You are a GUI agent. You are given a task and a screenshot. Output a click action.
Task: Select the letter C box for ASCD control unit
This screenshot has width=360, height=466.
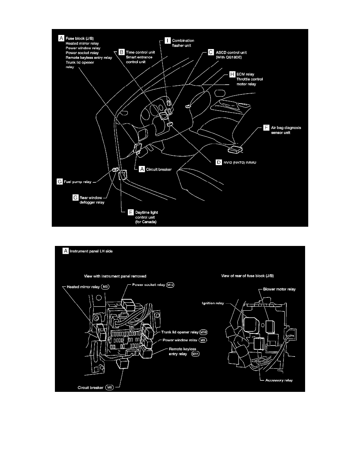point(211,52)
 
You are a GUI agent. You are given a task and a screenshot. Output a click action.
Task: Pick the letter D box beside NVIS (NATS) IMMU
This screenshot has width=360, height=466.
point(219,162)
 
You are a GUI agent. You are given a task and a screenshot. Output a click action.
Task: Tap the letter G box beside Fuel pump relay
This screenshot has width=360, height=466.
point(60,182)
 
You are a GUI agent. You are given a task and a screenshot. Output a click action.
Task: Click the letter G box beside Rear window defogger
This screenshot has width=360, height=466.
point(76,197)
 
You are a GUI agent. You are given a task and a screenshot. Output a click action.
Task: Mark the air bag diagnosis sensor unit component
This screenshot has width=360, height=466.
point(235,149)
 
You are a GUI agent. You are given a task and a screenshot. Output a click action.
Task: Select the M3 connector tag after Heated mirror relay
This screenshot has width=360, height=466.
point(105,286)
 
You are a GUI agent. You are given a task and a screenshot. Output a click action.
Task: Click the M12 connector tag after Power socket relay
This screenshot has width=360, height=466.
point(170,284)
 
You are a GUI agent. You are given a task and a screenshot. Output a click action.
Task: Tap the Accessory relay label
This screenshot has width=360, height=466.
point(279,380)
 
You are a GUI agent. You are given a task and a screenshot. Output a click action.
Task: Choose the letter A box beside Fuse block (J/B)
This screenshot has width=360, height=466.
point(61,38)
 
